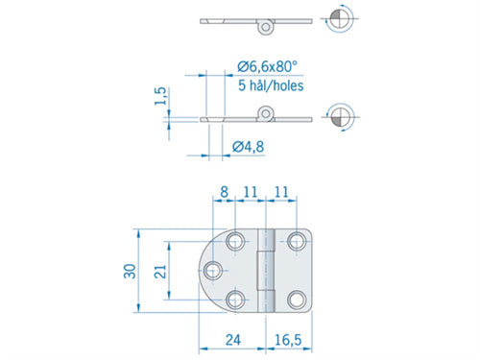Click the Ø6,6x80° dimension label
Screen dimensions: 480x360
coord(267,66)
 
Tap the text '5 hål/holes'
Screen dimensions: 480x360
coord(271,85)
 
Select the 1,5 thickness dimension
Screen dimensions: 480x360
coord(161,96)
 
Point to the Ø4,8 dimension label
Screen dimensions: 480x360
coord(249,147)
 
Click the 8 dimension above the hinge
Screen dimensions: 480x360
coord(224,192)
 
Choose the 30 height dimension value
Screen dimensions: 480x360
coord(130,272)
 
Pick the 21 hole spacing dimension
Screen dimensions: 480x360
coord(160,272)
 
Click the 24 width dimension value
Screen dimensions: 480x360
coord(233,340)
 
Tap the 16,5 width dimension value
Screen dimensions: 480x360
coord(288,340)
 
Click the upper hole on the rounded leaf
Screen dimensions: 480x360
coord(235,241)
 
